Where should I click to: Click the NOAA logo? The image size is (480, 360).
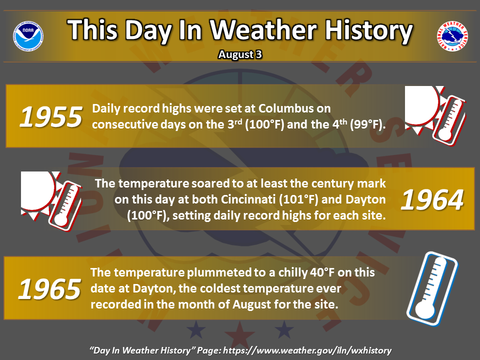28,36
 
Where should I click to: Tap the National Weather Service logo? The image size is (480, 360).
452,36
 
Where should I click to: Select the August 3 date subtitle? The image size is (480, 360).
240,54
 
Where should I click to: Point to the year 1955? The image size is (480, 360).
51,116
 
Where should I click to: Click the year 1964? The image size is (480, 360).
432,200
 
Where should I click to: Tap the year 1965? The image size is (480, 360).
50,289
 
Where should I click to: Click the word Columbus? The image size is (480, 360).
281,108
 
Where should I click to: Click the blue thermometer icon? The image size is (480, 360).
432,288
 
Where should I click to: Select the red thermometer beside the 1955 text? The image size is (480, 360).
449,121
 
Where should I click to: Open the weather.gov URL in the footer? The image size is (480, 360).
307,350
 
